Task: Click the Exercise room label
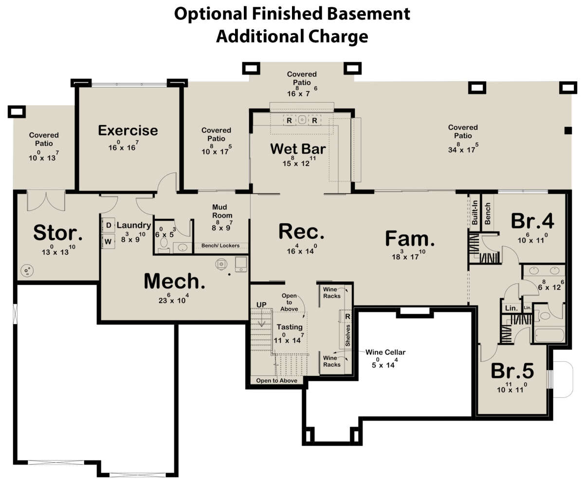tap(128, 130)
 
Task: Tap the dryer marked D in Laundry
tap(109, 225)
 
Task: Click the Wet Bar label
tap(298, 149)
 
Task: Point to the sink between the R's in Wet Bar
tap(302, 120)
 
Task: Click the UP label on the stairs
tap(261, 305)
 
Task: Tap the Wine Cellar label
tap(385, 352)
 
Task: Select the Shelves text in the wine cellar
tap(347, 336)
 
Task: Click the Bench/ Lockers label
tap(220, 246)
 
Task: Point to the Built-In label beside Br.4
tap(474, 213)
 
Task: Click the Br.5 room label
tap(512, 371)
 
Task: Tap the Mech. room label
tap(175, 281)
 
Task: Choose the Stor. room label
tap(58, 233)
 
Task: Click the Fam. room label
tap(410, 238)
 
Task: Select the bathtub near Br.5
tap(549, 335)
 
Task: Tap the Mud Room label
tap(222, 211)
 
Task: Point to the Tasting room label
tap(290, 327)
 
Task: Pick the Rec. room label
tap(302, 232)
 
